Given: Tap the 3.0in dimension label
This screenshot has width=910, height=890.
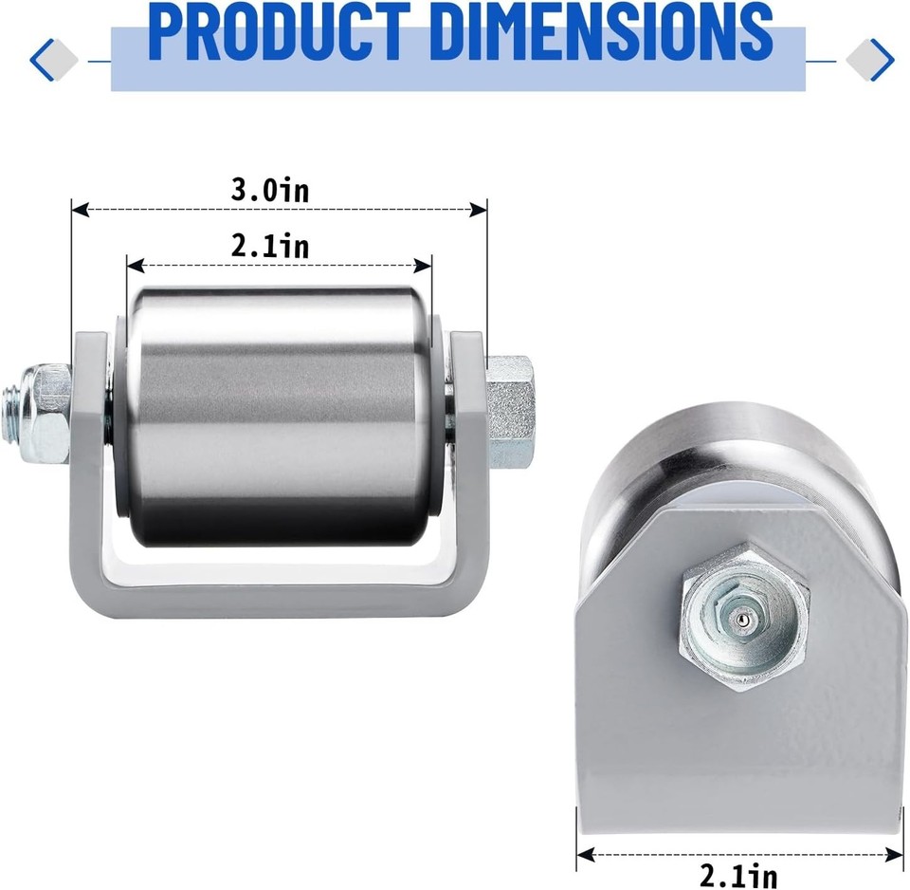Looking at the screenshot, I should pos(270,190).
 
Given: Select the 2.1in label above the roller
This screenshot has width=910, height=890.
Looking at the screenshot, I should pos(270,247).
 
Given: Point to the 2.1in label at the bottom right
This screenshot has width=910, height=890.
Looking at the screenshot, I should pos(739,872).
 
